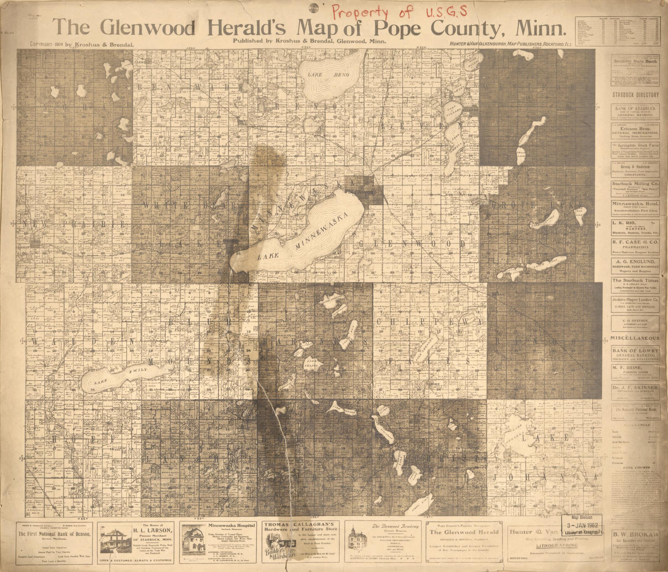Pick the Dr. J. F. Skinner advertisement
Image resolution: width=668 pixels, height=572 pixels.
[x=635, y=387]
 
